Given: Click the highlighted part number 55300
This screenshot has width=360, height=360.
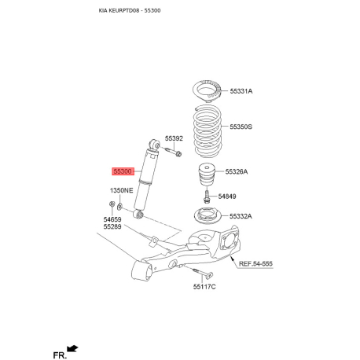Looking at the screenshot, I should (123, 170).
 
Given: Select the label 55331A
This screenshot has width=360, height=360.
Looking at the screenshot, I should (241, 92).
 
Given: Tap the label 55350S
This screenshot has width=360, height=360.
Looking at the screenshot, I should (241, 127).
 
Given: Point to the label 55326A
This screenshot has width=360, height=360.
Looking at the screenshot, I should (239, 171).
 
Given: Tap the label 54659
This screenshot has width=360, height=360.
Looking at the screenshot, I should (112, 219).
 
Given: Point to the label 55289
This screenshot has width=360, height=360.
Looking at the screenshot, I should (112, 227).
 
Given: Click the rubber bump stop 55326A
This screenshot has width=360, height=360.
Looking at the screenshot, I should (206, 172).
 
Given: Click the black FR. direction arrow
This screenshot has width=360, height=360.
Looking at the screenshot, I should (73, 347).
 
